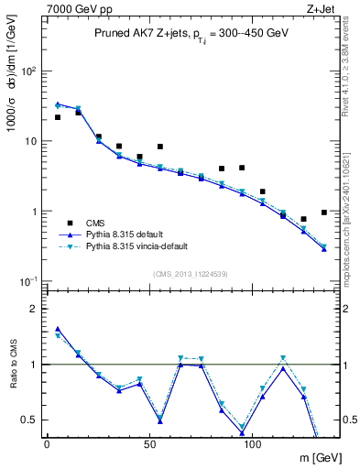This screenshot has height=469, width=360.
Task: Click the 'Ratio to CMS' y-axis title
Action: pyautogui.click(x=13, y=365)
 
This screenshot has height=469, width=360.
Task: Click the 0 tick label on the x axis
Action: pyautogui.click(x=47, y=443)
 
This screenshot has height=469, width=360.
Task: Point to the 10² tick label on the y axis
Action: pyautogui.click(x=29, y=71)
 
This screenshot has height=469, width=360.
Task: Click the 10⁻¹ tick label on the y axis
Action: pyautogui.click(x=28, y=281)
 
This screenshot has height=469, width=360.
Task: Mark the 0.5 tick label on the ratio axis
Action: pyautogui.click(x=29, y=420)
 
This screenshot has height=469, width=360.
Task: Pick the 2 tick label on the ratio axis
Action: pyautogui.click(x=34, y=309)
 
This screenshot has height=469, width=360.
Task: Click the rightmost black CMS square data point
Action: pyautogui.click(x=324, y=213)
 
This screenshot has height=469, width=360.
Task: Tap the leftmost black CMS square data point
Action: pyautogui.click(x=58, y=117)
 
